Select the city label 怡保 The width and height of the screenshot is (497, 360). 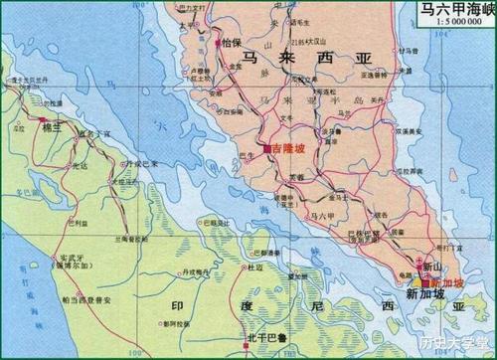click(232, 43)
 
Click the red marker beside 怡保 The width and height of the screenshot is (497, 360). click(217, 43)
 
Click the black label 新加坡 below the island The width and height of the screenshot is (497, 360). click(425, 295)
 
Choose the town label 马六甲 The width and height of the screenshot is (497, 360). click(322, 214)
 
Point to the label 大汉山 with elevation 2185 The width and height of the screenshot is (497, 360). click(314, 43)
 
